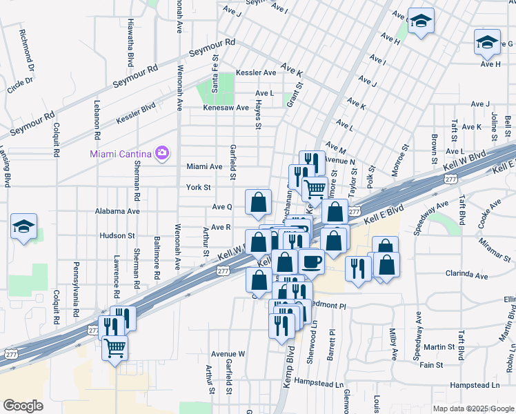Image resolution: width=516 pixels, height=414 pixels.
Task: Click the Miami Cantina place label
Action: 121,152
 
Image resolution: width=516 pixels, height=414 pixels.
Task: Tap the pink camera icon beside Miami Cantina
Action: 163,152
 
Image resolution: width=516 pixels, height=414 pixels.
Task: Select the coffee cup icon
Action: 311,262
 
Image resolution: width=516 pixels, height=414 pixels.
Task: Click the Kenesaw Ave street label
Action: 226,108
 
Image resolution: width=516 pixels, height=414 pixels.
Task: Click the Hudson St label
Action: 117,235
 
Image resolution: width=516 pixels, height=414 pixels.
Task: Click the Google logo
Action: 23,406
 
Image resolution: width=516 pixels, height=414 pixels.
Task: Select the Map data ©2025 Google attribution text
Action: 474,408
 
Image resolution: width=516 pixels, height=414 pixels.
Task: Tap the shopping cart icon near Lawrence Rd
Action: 115,347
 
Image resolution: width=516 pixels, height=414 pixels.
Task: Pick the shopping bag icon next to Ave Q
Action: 258,203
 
